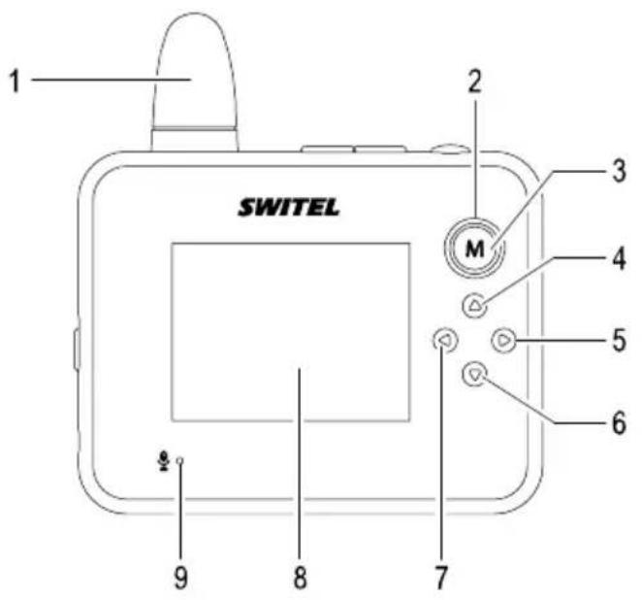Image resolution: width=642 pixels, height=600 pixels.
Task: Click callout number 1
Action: [x=14, y=81]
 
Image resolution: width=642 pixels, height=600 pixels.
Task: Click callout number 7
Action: [x=440, y=576]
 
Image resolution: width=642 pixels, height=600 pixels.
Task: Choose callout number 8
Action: [x=300, y=576]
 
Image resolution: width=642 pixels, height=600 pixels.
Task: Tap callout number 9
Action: [x=179, y=576]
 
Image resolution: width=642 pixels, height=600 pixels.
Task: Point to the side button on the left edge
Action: [x=77, y=350]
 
